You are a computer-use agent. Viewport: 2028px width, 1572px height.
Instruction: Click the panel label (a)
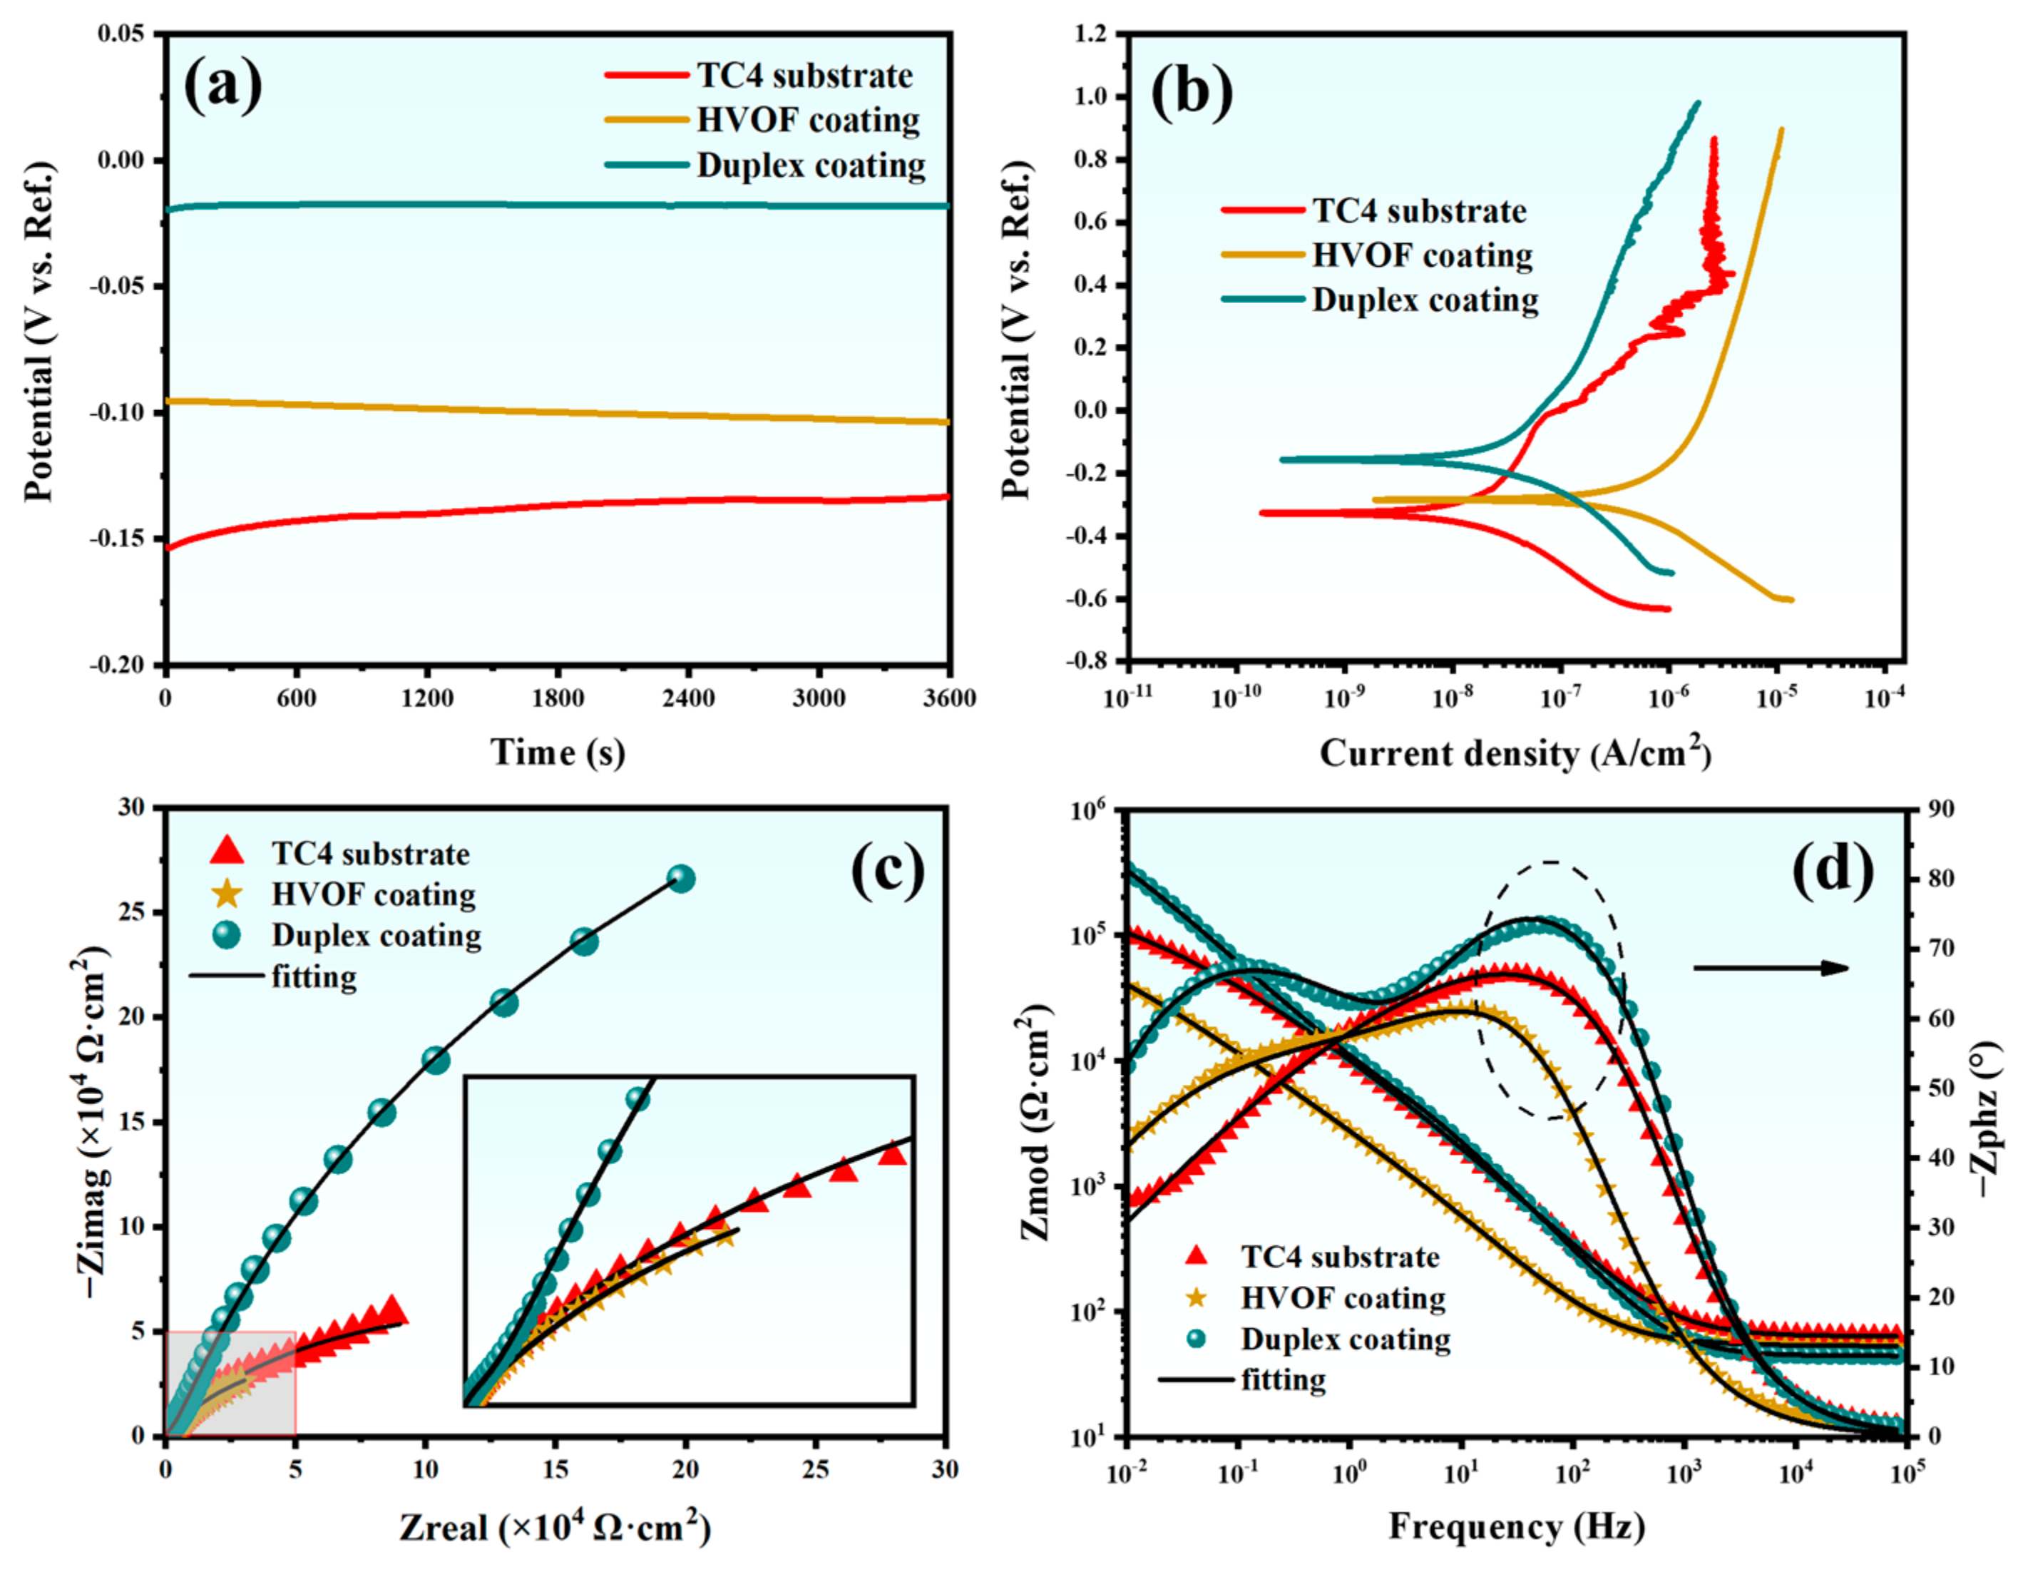223,86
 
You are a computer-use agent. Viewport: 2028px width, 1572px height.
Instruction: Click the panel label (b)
1192,93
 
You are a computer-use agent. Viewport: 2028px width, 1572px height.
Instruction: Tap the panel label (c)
888,870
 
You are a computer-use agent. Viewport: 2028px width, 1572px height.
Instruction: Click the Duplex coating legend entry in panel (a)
810,165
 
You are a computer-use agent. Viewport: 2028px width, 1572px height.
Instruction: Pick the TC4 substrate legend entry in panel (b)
1418,211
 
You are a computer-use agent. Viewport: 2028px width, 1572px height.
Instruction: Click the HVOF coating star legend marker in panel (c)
227,894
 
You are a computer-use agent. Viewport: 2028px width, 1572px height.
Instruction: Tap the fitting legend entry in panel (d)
1282,1380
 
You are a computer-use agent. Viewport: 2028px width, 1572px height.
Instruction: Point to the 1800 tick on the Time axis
557,698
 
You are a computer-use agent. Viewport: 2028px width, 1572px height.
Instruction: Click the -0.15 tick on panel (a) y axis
118,539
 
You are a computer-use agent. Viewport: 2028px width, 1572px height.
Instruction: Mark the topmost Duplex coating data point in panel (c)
682,879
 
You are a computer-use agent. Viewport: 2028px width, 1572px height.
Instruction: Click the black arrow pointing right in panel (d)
1770,969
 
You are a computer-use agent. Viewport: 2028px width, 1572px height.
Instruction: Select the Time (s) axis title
557,752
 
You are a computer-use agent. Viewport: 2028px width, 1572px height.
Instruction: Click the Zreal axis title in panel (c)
554,1528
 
